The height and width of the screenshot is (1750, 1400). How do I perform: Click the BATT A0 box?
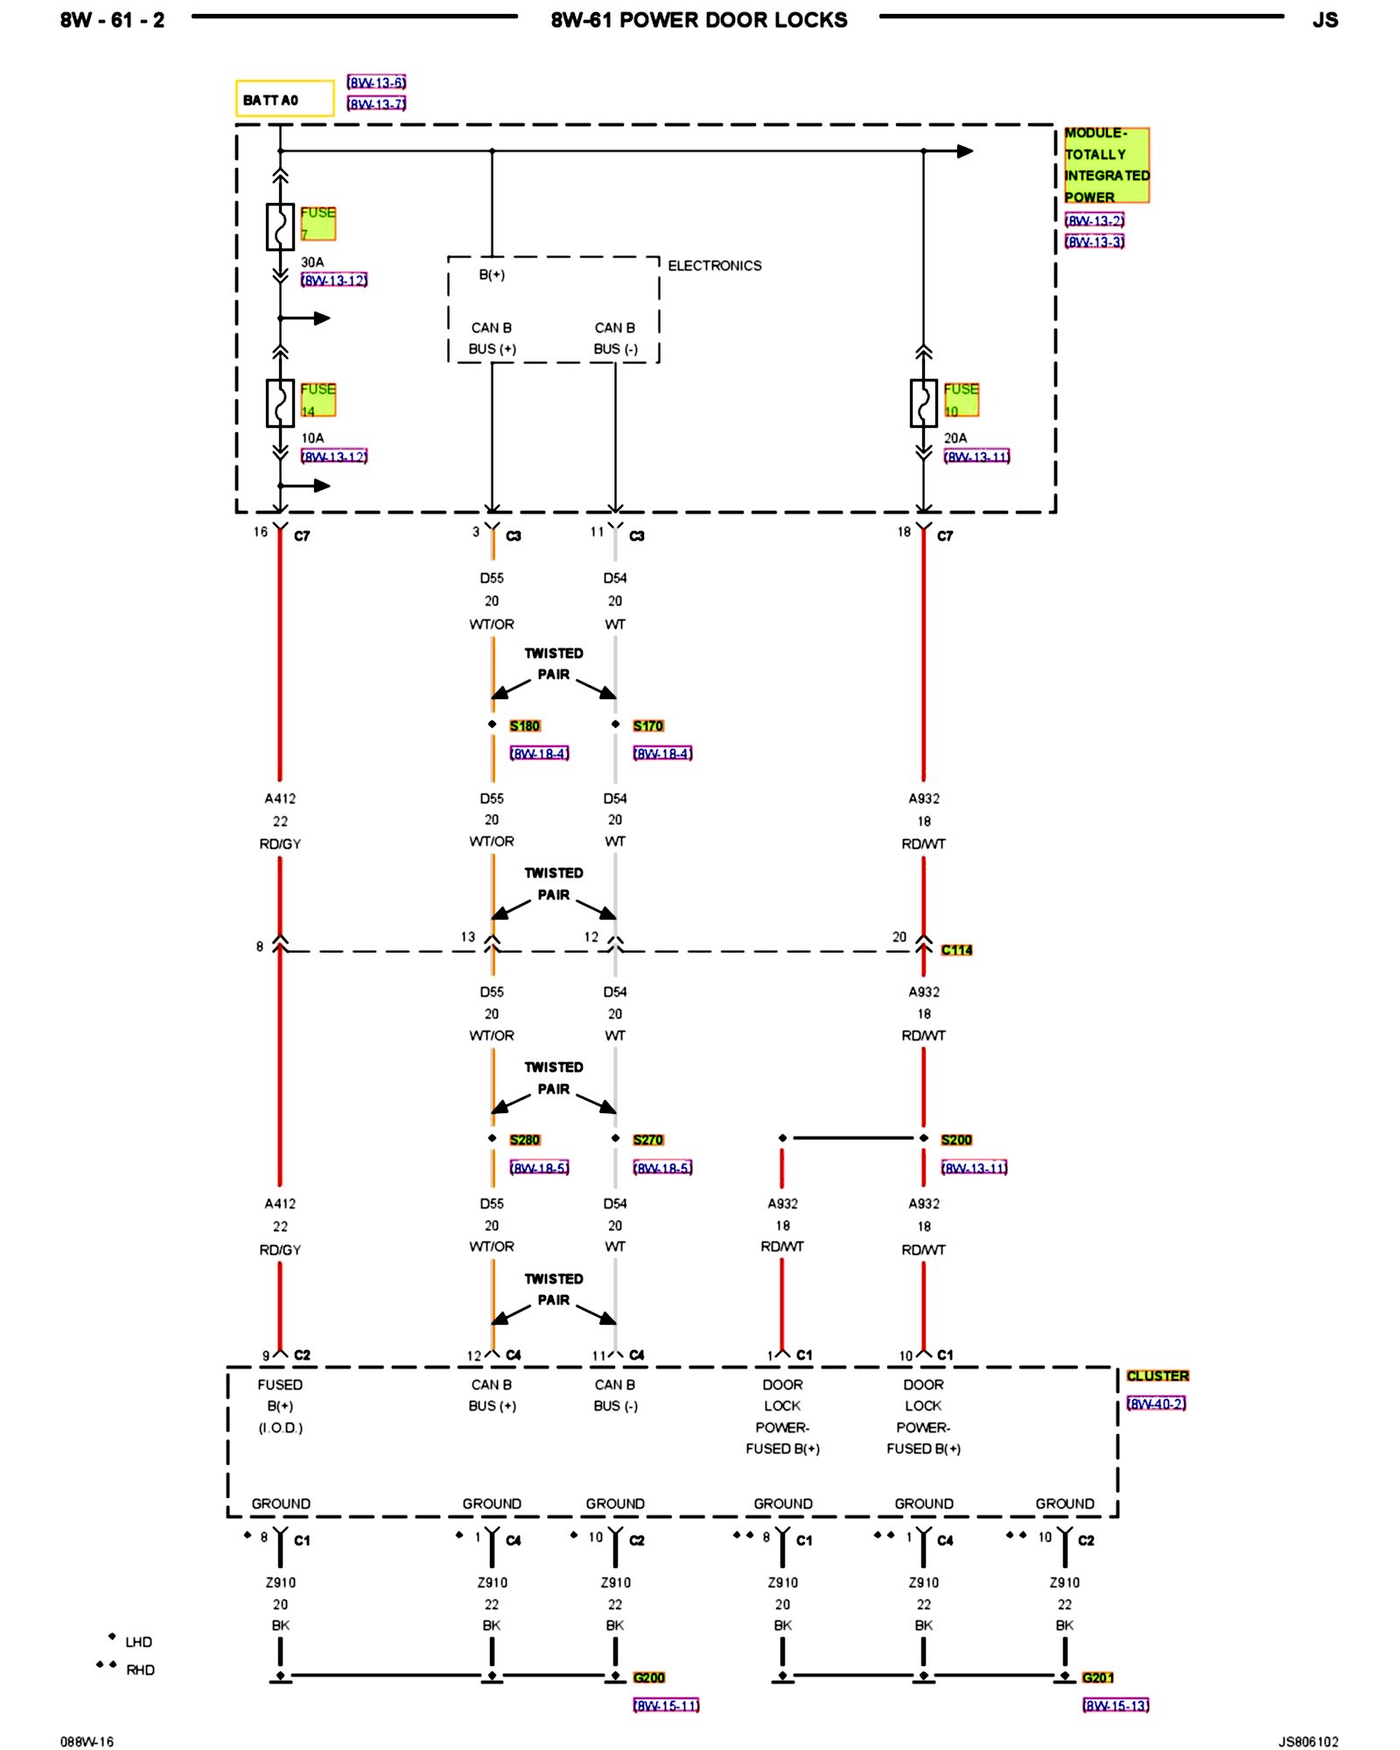tap(284, 99)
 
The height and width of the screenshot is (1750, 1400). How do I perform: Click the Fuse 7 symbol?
tap(280, 227)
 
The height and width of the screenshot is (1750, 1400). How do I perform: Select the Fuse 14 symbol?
tap(280, 402)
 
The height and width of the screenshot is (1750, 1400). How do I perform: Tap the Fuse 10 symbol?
tap(923, 402)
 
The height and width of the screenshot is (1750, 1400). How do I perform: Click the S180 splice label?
tap(525, 725)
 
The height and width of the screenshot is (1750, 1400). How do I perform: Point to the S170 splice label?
tap(648, 725)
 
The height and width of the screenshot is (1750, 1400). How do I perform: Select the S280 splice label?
tap(525, 1139)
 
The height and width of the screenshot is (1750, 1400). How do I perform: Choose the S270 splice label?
tap(648, 1139)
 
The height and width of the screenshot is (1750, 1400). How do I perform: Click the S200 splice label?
tap(956, 1139)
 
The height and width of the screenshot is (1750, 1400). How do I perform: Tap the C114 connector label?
tap(956, 949)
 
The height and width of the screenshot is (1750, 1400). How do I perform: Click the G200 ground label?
tap(649, 1677)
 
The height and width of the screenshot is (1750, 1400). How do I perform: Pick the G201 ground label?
tap(1098, 1677)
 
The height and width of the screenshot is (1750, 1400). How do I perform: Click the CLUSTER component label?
tap(1158, 1376)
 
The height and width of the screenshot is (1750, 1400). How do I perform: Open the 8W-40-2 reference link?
tap(1156, 1403)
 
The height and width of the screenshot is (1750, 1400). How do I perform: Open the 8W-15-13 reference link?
tap(1116, 1704)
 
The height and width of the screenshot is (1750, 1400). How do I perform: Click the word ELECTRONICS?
tap(715, 265)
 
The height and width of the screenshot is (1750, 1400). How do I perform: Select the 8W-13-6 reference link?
tap(376, 82)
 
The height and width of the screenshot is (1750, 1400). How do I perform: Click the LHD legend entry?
tap(138, 1642)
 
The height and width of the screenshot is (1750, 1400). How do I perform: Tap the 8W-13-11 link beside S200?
tap(974, 1167)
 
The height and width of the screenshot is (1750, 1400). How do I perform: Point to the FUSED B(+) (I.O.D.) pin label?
tap(280, 1406)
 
